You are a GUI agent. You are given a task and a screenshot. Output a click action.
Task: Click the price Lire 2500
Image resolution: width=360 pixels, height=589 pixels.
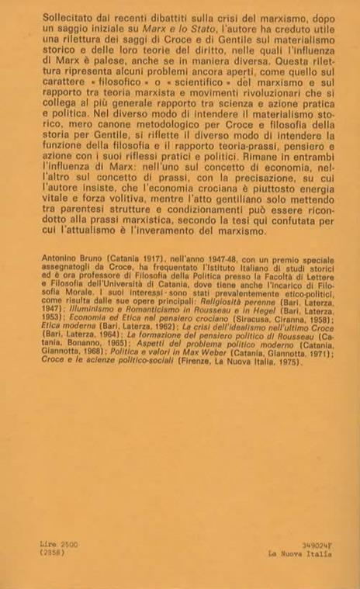(x=57, y=546)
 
